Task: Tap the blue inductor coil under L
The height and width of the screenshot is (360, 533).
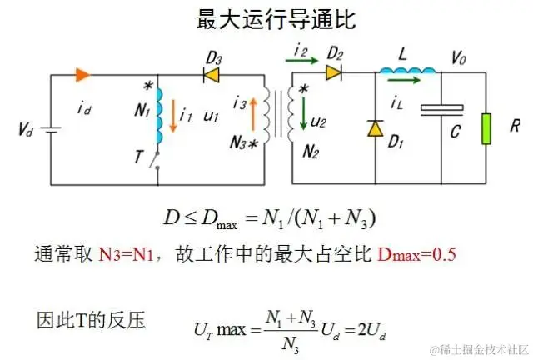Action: click(408, 72)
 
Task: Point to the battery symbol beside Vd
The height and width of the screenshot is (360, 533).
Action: click(52, 130)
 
